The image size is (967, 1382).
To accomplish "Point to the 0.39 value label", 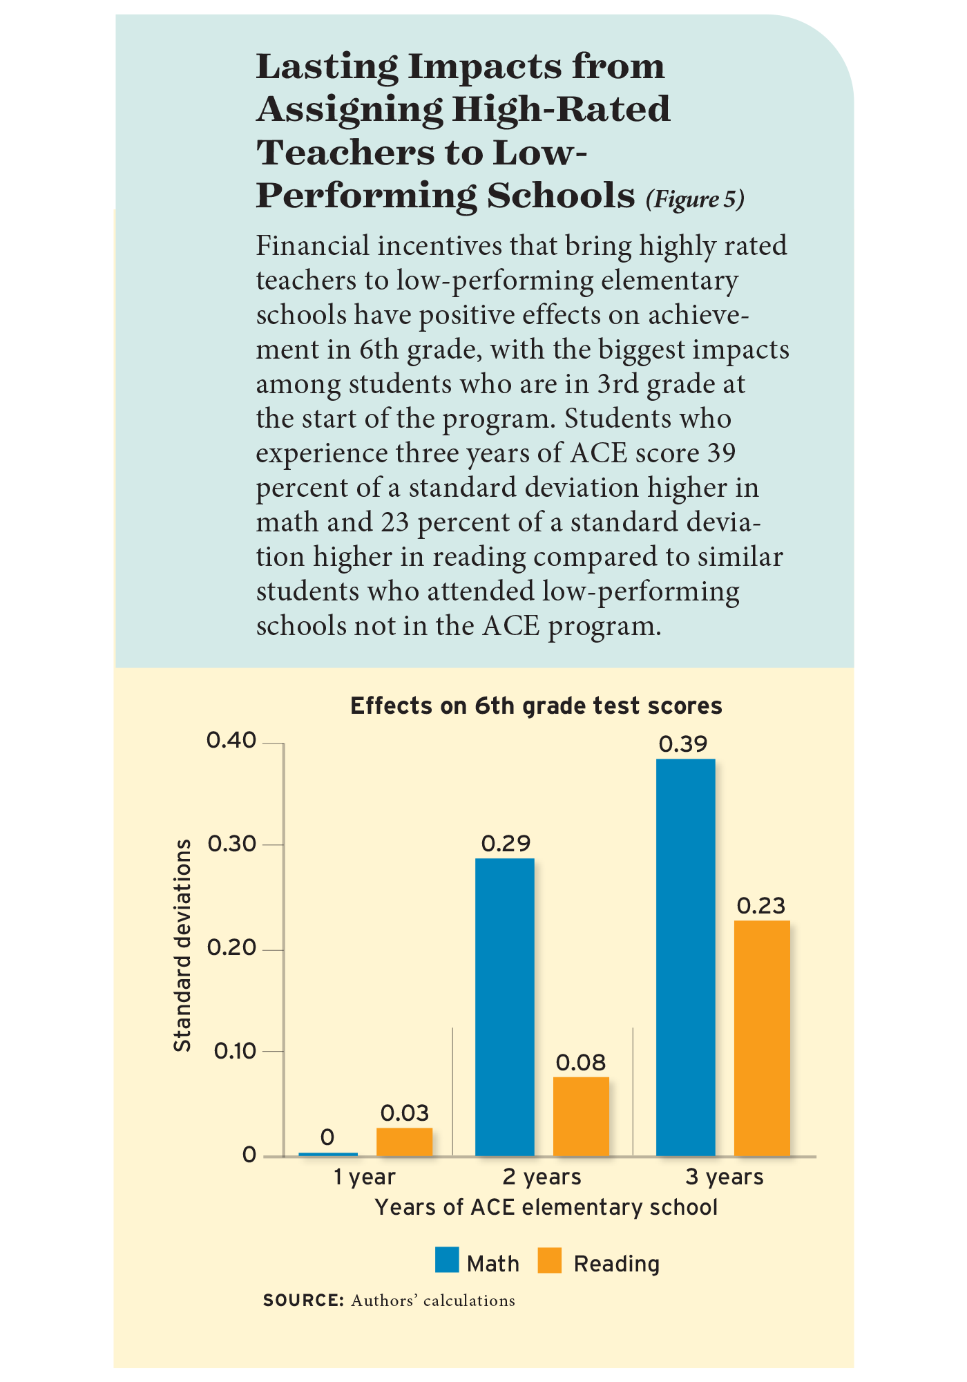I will click(x=683, y=744).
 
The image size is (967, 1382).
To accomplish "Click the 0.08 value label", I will click(x=581, y=1063).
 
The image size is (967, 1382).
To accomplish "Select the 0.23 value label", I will click(x=761, y=906).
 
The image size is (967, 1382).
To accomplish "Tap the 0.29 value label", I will click(x=506, y=843).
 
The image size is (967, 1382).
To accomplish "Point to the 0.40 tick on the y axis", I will click(x=231, y=741).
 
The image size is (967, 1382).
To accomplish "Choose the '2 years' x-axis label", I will click(x=542, y=1177).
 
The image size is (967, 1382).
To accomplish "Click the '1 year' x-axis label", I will click(x=364, y=1177).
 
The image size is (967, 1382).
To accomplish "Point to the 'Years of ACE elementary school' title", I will click(x=546, y=1207).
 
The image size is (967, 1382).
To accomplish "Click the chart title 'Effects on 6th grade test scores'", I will click(x=536, y=706).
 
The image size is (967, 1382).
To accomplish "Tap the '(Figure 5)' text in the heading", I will click(x=695, y=200).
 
